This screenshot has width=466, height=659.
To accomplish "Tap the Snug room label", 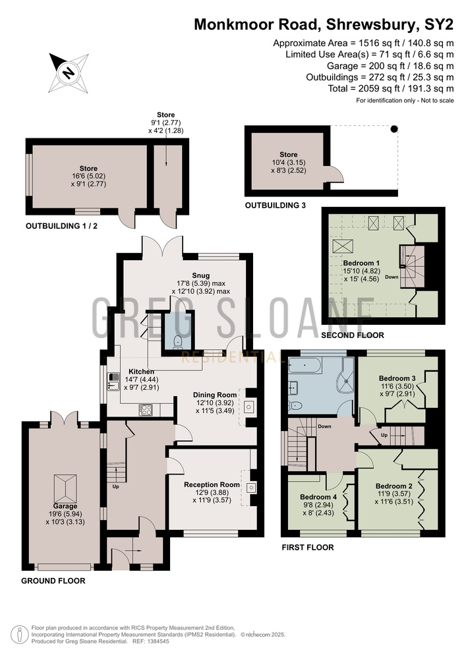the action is [x=200, y=275].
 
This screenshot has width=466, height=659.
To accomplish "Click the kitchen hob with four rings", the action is [x=146, y=410].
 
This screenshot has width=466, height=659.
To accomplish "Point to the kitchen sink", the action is [x=113, y=382].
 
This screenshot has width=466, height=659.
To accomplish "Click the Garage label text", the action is [x=65, y=506].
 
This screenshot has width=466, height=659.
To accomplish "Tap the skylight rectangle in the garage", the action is [x=65, y=488].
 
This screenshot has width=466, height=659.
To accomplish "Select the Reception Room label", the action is [x=212, y=484].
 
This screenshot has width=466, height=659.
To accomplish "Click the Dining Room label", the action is [x=215, y=395].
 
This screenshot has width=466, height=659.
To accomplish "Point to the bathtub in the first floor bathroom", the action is [x=305, y=366].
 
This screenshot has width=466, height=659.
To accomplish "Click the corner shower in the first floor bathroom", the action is [x=348, y=374].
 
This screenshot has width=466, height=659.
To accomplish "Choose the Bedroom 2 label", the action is [x=394, y=486].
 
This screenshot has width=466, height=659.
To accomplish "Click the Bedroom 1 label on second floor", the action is [x=361, y=263].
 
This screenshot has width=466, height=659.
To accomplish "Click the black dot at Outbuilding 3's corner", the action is [x=393, y=129].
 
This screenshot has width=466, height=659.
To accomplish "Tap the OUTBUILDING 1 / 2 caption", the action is [x=62, y=226].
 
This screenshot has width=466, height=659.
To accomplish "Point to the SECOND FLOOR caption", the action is [x=353, y=335].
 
